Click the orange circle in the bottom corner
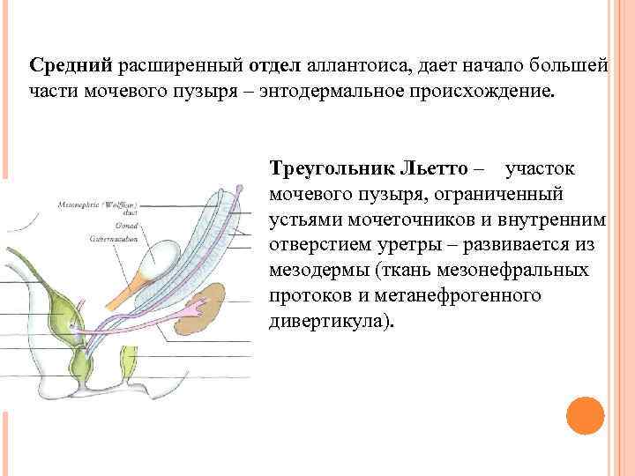point(583,414)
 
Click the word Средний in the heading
point(71,65)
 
